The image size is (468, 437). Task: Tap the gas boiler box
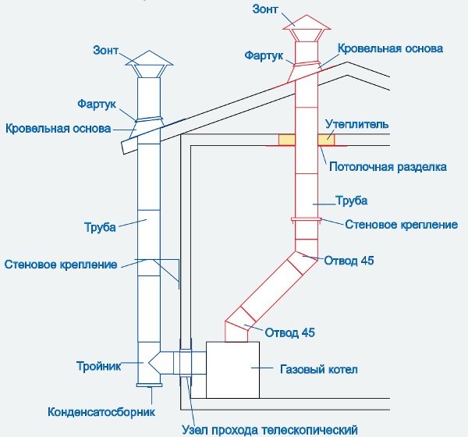[232, 368]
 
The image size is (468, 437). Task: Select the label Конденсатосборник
[102, 411]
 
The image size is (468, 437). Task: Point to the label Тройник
[97, 365]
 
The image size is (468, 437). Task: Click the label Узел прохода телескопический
[268, 429]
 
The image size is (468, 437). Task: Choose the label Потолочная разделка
[388, 166]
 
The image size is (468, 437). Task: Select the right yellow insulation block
[326, 140]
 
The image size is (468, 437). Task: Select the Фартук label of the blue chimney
[97, 103]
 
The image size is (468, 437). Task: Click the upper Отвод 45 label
[349, 261]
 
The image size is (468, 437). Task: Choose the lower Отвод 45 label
[290, 332]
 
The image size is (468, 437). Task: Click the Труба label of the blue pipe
[100, 228]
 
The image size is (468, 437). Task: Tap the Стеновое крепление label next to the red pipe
[401, 225]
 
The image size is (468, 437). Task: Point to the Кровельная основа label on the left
[58, 128]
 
